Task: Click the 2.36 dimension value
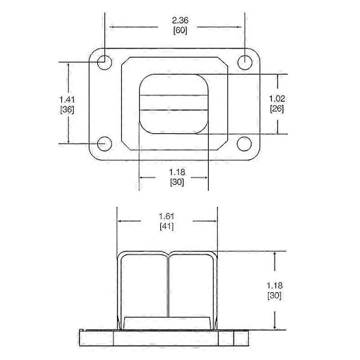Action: [x=180, y=20]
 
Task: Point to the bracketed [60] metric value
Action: [x=180, y=31]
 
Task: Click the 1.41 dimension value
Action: [x=67, y=100]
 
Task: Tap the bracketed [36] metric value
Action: [x=67, y=110]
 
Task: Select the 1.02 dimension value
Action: [x=277, y=98]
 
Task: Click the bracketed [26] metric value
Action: [x=277, y=109]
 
